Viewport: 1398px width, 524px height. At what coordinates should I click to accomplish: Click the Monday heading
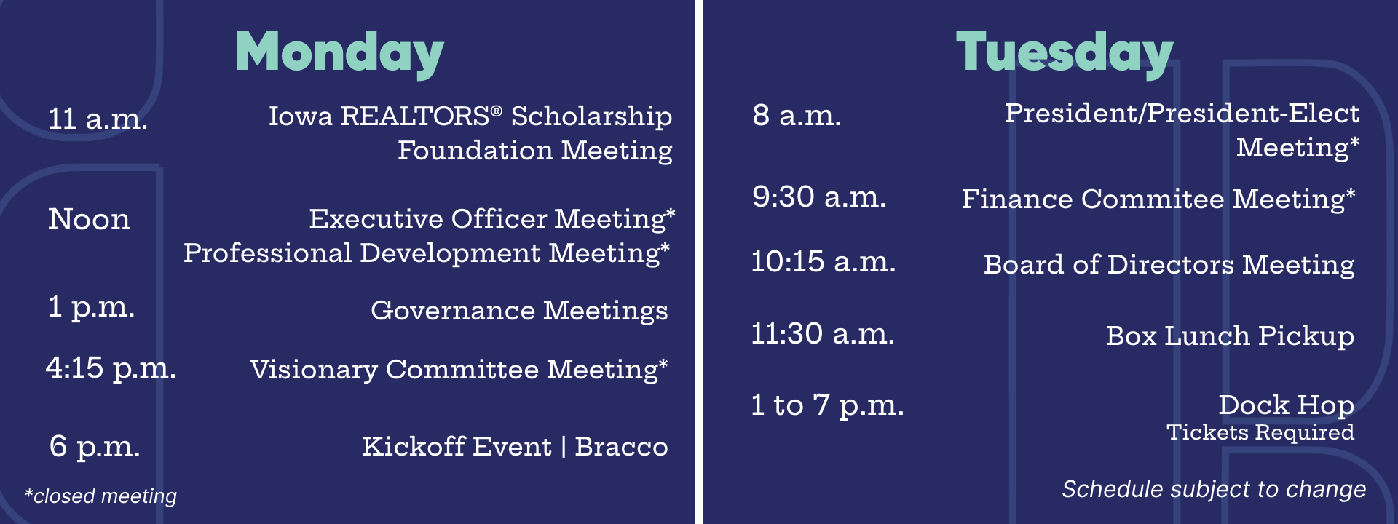click(x=339, y=53)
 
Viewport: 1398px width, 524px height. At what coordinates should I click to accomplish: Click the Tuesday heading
click(x=1065, y=53)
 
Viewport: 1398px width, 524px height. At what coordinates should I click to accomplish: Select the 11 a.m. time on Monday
click(x=98, y=119)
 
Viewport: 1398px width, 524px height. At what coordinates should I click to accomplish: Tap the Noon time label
click(x=90, y=219)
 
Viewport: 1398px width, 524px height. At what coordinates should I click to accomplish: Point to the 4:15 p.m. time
click(x=111, y=368)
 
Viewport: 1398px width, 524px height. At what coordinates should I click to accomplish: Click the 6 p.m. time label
click(x=95, y=446)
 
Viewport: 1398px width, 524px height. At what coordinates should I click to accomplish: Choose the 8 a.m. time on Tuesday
click(x=797, y=115)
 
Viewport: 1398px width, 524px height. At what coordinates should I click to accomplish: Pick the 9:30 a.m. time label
click(x=819, y=196)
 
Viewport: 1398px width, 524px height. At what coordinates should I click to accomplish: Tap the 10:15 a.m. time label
click(x=824, y=261)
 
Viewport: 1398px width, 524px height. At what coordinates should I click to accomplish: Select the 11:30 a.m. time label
click(x=823, y=334)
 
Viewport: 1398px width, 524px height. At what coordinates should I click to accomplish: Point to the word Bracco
click(x=621, y=446)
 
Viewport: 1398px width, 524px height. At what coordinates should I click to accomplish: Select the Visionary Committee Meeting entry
click(x=459, y=370)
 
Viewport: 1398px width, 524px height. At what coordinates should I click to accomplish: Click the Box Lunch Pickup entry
click(x=1230, y=336)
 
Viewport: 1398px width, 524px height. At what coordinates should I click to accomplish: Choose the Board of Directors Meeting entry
click(x=1169, y=265)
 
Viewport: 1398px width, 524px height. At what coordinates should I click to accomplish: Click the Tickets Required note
click(x=1260, y=432)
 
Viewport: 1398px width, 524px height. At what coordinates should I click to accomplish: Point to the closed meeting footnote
click(x=100, y=496)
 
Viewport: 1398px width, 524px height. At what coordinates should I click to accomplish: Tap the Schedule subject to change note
click(x=1214, y=490)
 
